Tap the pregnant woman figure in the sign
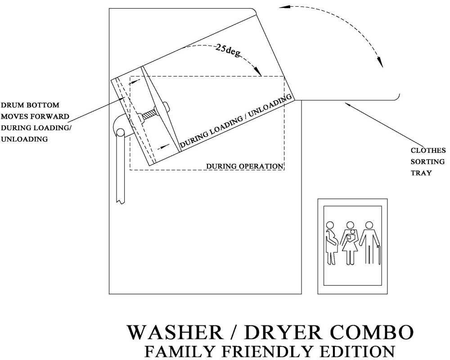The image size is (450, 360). coord(332,243)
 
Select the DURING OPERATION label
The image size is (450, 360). coord(244,166)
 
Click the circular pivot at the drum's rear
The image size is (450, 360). coord(120,133)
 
